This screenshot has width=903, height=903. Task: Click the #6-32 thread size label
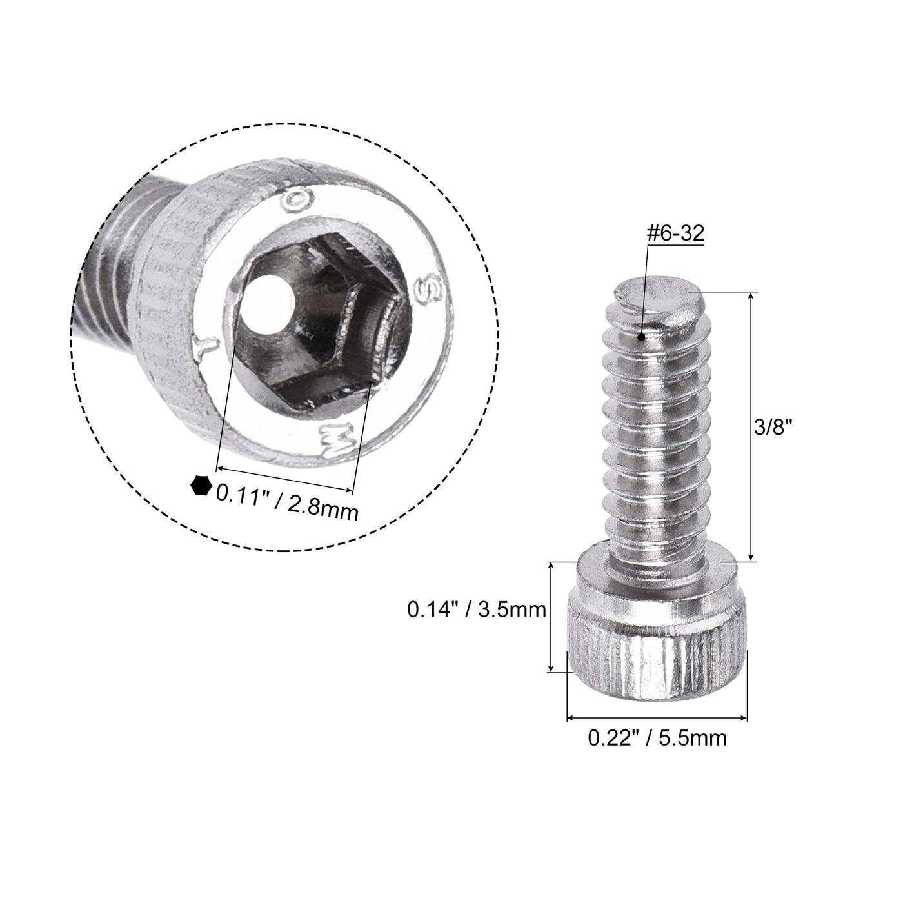(674, 233)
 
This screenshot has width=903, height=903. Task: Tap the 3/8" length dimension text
(772, 427)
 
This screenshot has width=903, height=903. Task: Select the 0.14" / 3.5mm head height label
(477, 609)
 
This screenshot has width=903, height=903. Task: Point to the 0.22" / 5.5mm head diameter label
(657, 737)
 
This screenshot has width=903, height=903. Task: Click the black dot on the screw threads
(641, 337)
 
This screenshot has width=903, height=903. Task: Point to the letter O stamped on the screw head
(297, 201)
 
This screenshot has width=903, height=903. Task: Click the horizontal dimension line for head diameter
(657, 717)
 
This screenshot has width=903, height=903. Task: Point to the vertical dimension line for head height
(551, 616)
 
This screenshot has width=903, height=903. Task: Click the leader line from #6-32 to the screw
(644, 290)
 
